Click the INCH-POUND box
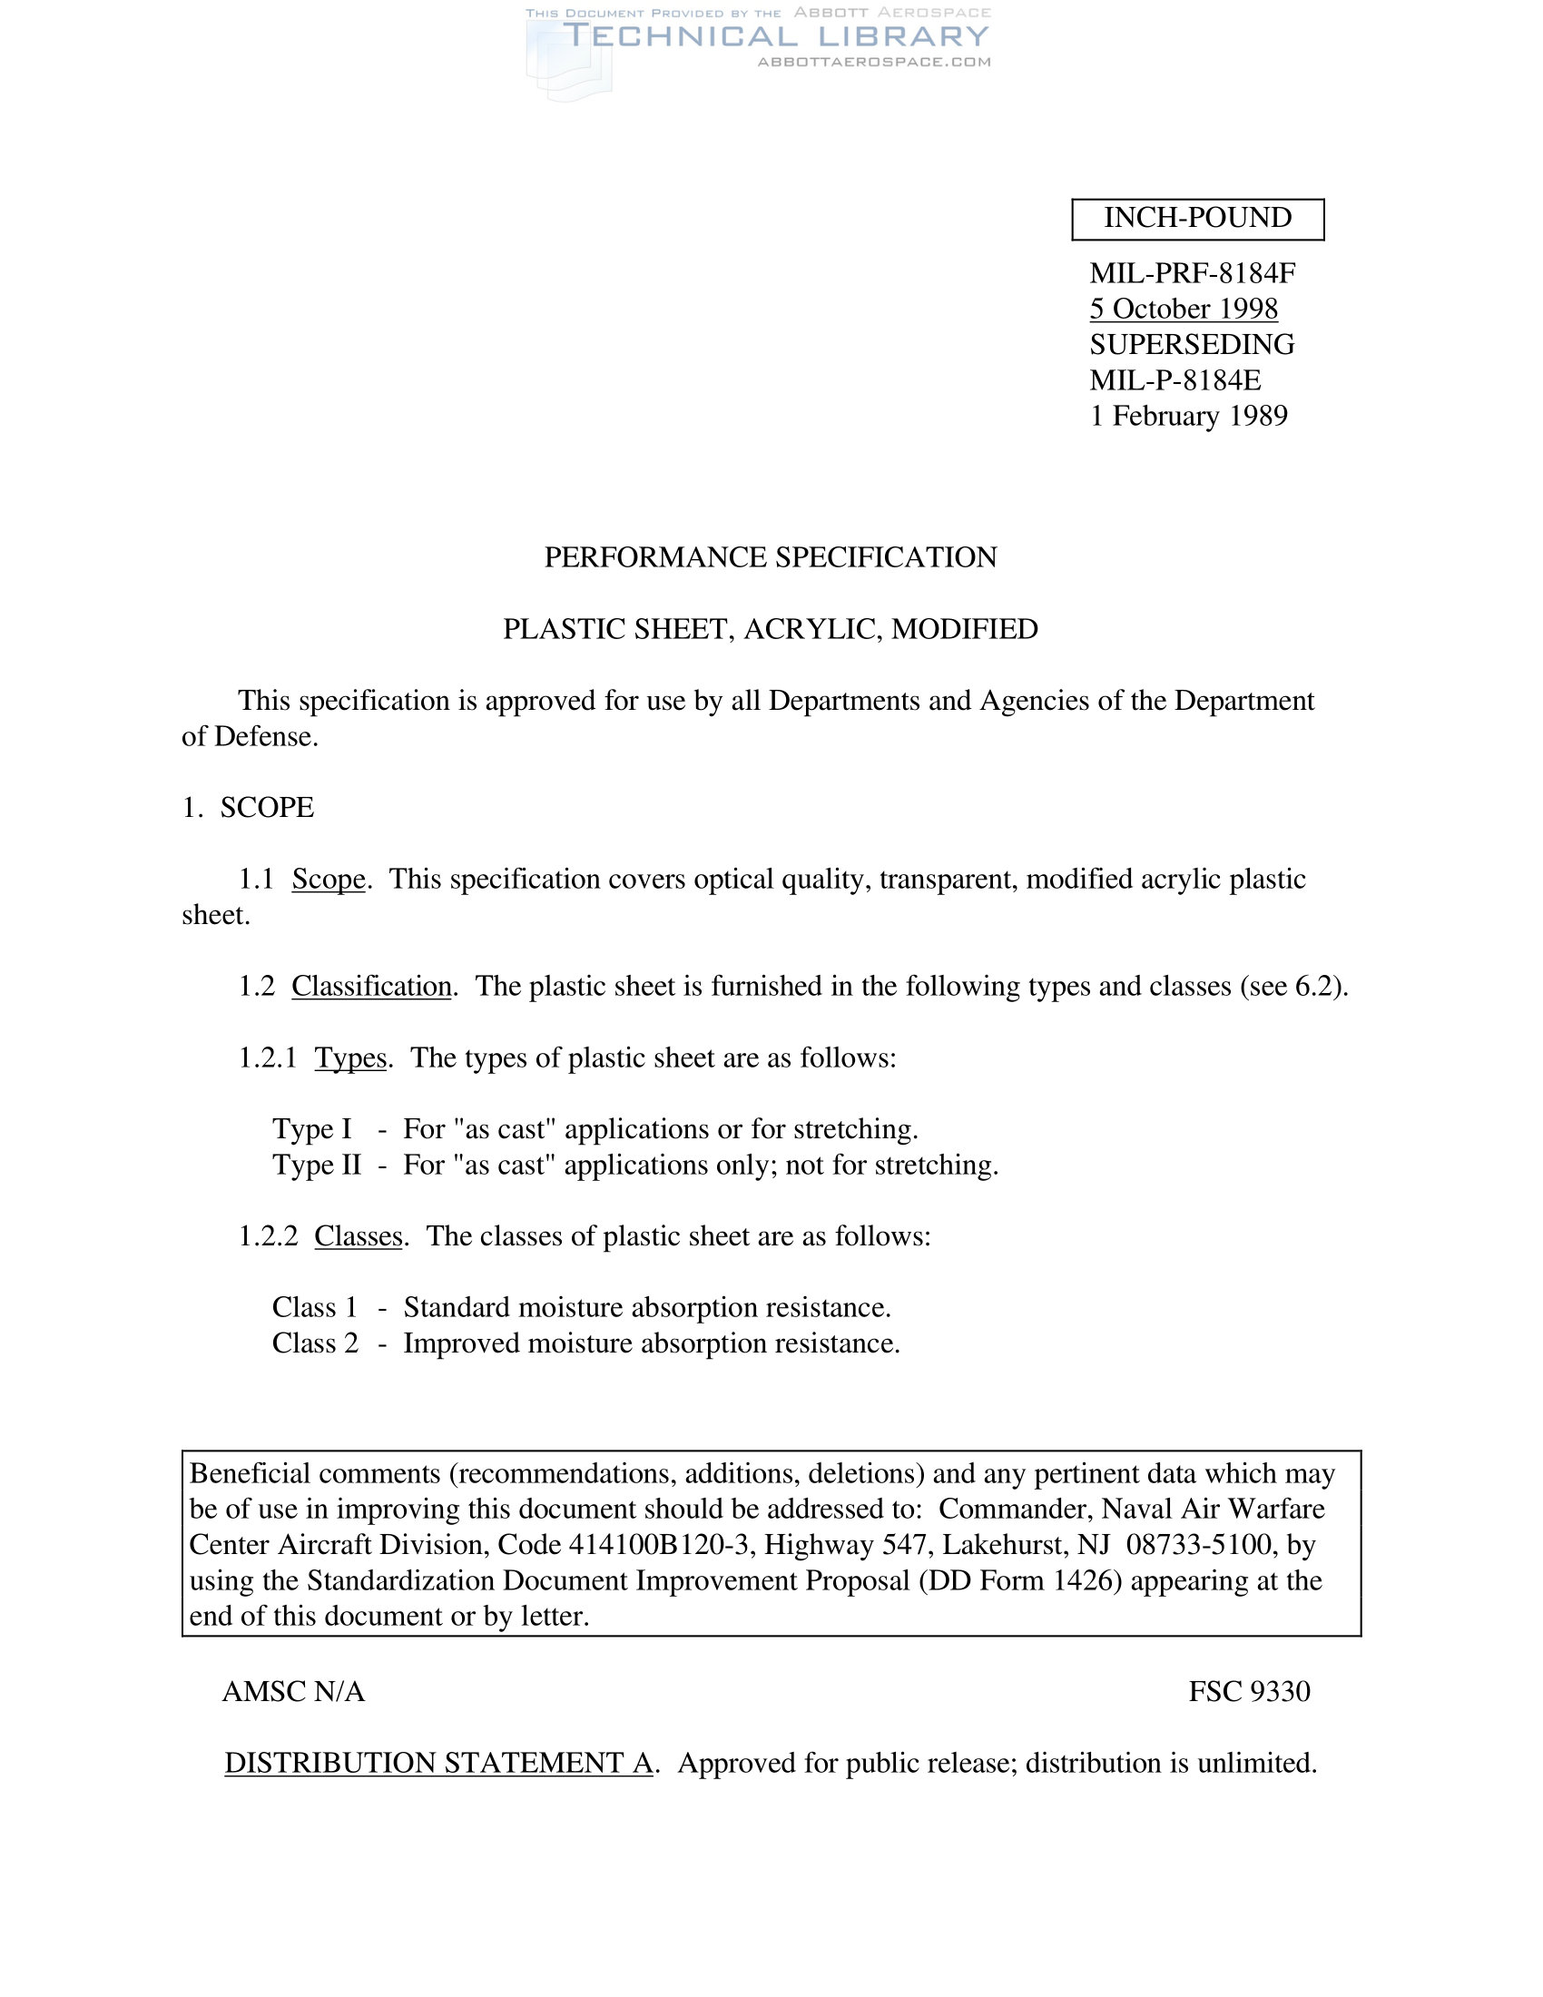(x=1197, y=219)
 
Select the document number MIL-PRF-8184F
(x=1192, y=273)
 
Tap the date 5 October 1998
(x=1183, y=309)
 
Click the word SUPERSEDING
(x=1192, y=345)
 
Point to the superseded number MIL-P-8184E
(x=1174, y=380)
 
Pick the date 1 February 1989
(x=1188, y=416)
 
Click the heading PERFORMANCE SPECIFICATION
(x=771, y=557)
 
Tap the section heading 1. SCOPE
(x=248, y=808)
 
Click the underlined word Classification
(x=371, y=987)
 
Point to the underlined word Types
(x=351, y=1058)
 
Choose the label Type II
(x=316, y=1166)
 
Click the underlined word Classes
(x=359, y=1236)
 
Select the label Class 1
(x=314, y=1307)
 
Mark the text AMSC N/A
(x=293, y=1692)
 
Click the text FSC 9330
(x=1250, y=1692)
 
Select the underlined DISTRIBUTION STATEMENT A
(x=438, y=1763)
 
